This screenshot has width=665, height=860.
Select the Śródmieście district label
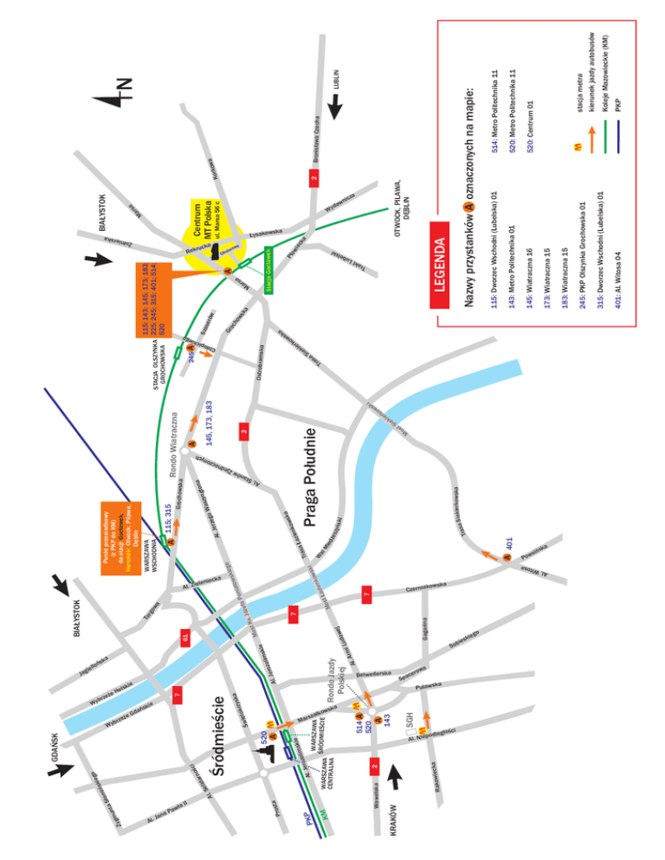point(221,743)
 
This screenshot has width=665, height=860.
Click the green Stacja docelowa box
point(270,268)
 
